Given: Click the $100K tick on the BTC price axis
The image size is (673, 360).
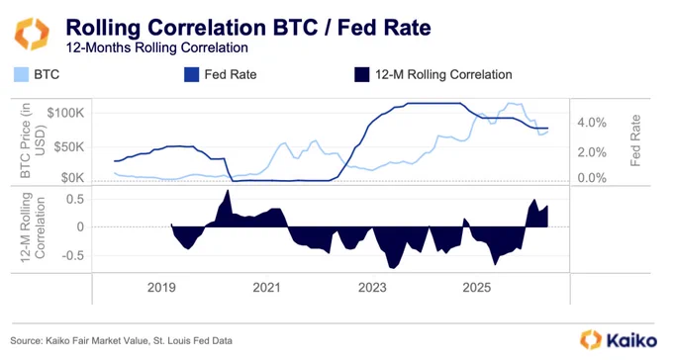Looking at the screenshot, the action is pos(65,114).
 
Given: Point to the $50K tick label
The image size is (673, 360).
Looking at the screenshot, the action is pos(69,147).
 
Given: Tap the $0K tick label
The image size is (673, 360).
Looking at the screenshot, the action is pos(72,177).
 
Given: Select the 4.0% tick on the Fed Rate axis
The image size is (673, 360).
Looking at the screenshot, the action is pos(592,123).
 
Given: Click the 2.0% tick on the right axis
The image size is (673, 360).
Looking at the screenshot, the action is pos(592,152).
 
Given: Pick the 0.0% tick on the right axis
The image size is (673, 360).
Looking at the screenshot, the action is pos(592,178).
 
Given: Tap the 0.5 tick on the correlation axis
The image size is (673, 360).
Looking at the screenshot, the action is pos(74,199).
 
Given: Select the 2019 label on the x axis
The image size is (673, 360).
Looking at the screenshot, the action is pos(161,287).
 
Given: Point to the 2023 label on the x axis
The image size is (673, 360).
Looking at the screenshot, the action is pos(372,287).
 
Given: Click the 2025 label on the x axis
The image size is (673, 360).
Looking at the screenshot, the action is pos(477,287).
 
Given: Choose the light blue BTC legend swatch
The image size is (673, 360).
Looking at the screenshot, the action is pos(21,74).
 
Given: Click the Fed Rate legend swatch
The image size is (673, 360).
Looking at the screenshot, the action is pos(191,74).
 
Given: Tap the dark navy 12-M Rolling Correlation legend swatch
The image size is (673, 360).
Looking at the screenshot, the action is pos(362,74).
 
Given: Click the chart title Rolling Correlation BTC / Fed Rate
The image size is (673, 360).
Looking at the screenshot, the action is pos(248,28).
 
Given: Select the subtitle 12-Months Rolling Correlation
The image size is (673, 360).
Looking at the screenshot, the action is pos(157,47).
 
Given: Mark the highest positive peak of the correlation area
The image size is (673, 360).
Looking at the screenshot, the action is pos(228,190).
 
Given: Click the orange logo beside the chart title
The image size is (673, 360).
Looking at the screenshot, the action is pos(32,34).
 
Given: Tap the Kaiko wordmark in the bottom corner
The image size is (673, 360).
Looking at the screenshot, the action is pos(631,340).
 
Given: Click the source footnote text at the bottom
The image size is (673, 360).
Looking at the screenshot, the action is pos(122,340).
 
